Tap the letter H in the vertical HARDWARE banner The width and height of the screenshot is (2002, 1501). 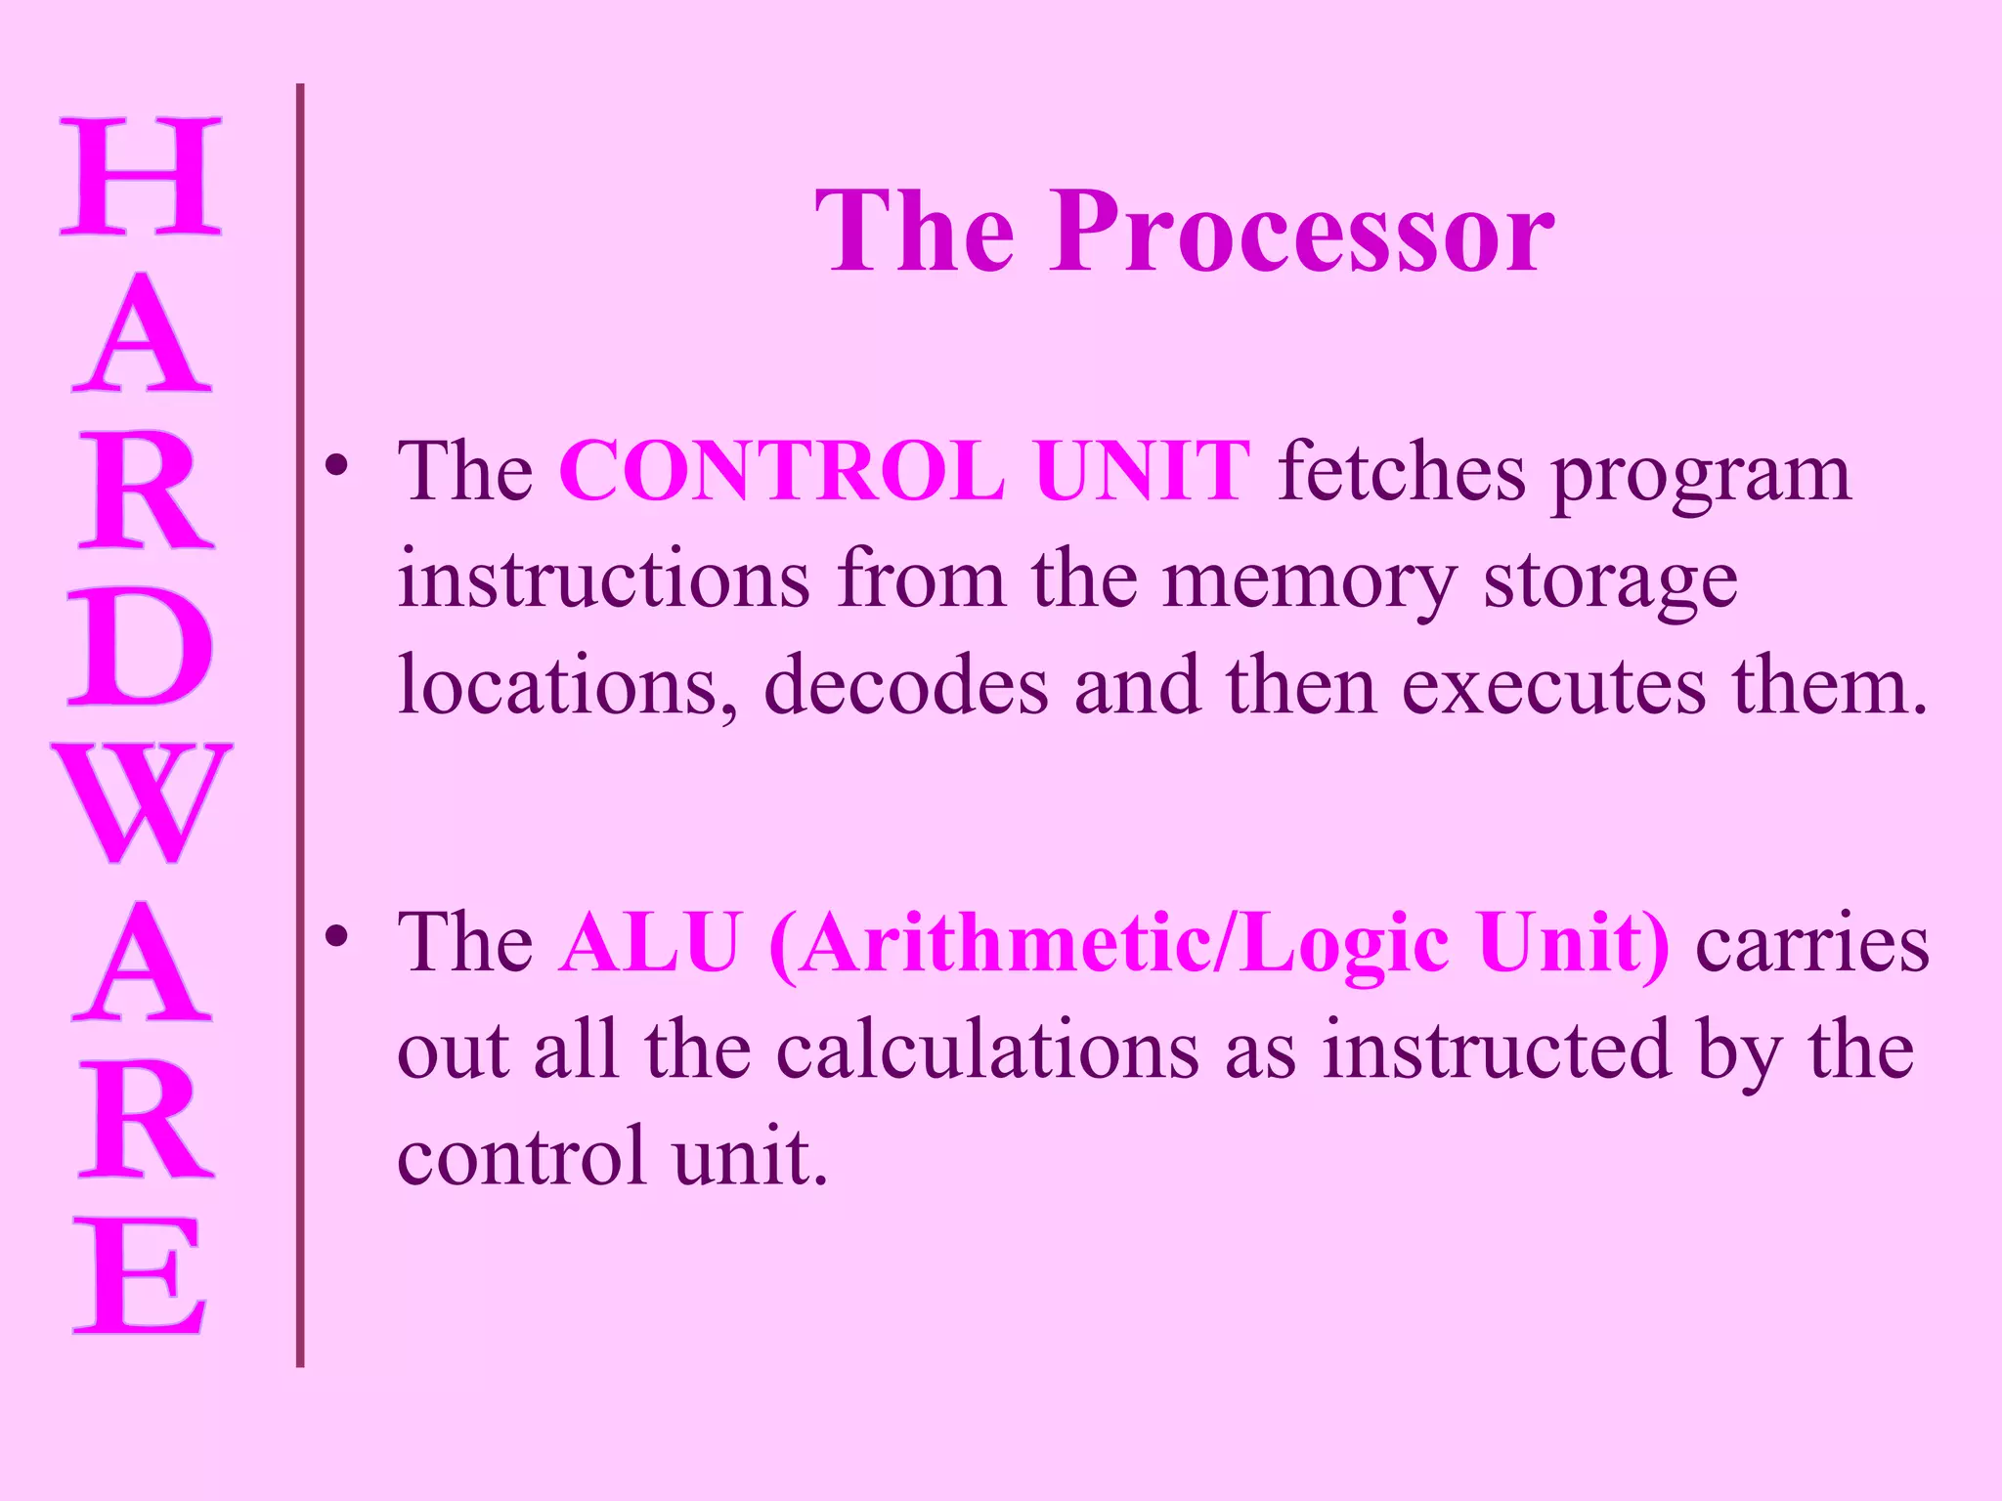coord(141,177)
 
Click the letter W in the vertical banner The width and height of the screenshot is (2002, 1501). coord(142,803)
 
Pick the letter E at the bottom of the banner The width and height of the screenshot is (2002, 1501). coord(140,1275)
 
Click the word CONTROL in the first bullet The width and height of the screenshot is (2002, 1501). coord(782,472)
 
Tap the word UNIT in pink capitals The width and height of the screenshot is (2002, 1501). coord(1142,472)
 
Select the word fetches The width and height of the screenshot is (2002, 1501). coord(1402,472)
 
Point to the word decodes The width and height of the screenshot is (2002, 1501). coord(905,687)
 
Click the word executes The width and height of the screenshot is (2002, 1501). coord(1554,687)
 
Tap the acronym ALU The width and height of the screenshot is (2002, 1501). coord(651,944)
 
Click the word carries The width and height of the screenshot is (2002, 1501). coord(1813,944)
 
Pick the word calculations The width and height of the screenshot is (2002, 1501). coord(987,1051)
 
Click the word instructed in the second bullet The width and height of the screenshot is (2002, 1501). coord(1497,1051)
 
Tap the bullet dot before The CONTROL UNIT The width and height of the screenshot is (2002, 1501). coord(337,466)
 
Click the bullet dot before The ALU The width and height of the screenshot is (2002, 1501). coord(337,937)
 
